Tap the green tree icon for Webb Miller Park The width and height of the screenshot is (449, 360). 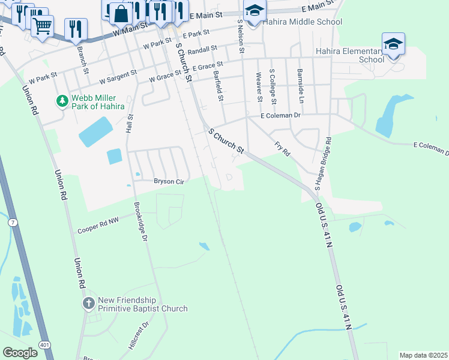pyautogui.click(x=61, y=101)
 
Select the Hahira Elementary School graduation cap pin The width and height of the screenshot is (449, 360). pyautogui.click(x=394, y=44)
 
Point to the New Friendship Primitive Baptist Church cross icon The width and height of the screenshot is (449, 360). pyautogui.click(x=89, y=302)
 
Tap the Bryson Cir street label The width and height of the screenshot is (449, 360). pyautogui.click(x=169, y=181)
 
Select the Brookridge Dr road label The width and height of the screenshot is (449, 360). pyautogui.click(x=141, y=221)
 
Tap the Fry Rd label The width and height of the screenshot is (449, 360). pyautogui.click(x=282, y=149)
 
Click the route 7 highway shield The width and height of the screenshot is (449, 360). pyautogui.click(x=12, y=223)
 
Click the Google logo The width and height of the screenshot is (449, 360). pyautogui.click(x=20, y=353)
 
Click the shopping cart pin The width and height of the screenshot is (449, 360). pyautogui.click(x=42, y=25)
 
